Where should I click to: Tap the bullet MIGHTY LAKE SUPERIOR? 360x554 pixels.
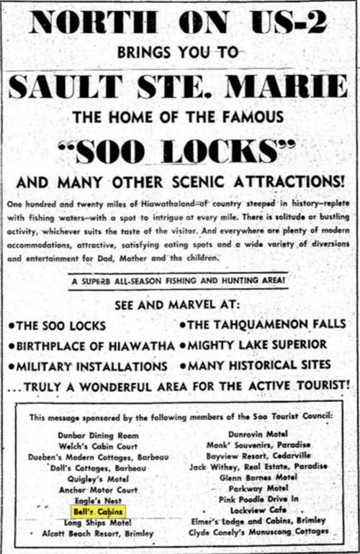coord(257,344)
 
